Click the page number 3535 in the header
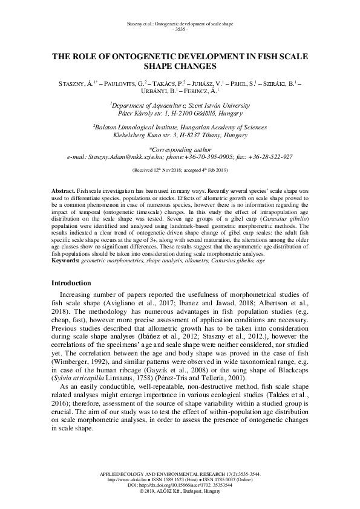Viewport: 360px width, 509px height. click(180, 29)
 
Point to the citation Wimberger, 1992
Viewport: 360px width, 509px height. click(81, 343)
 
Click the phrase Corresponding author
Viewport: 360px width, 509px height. click(180, 148)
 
